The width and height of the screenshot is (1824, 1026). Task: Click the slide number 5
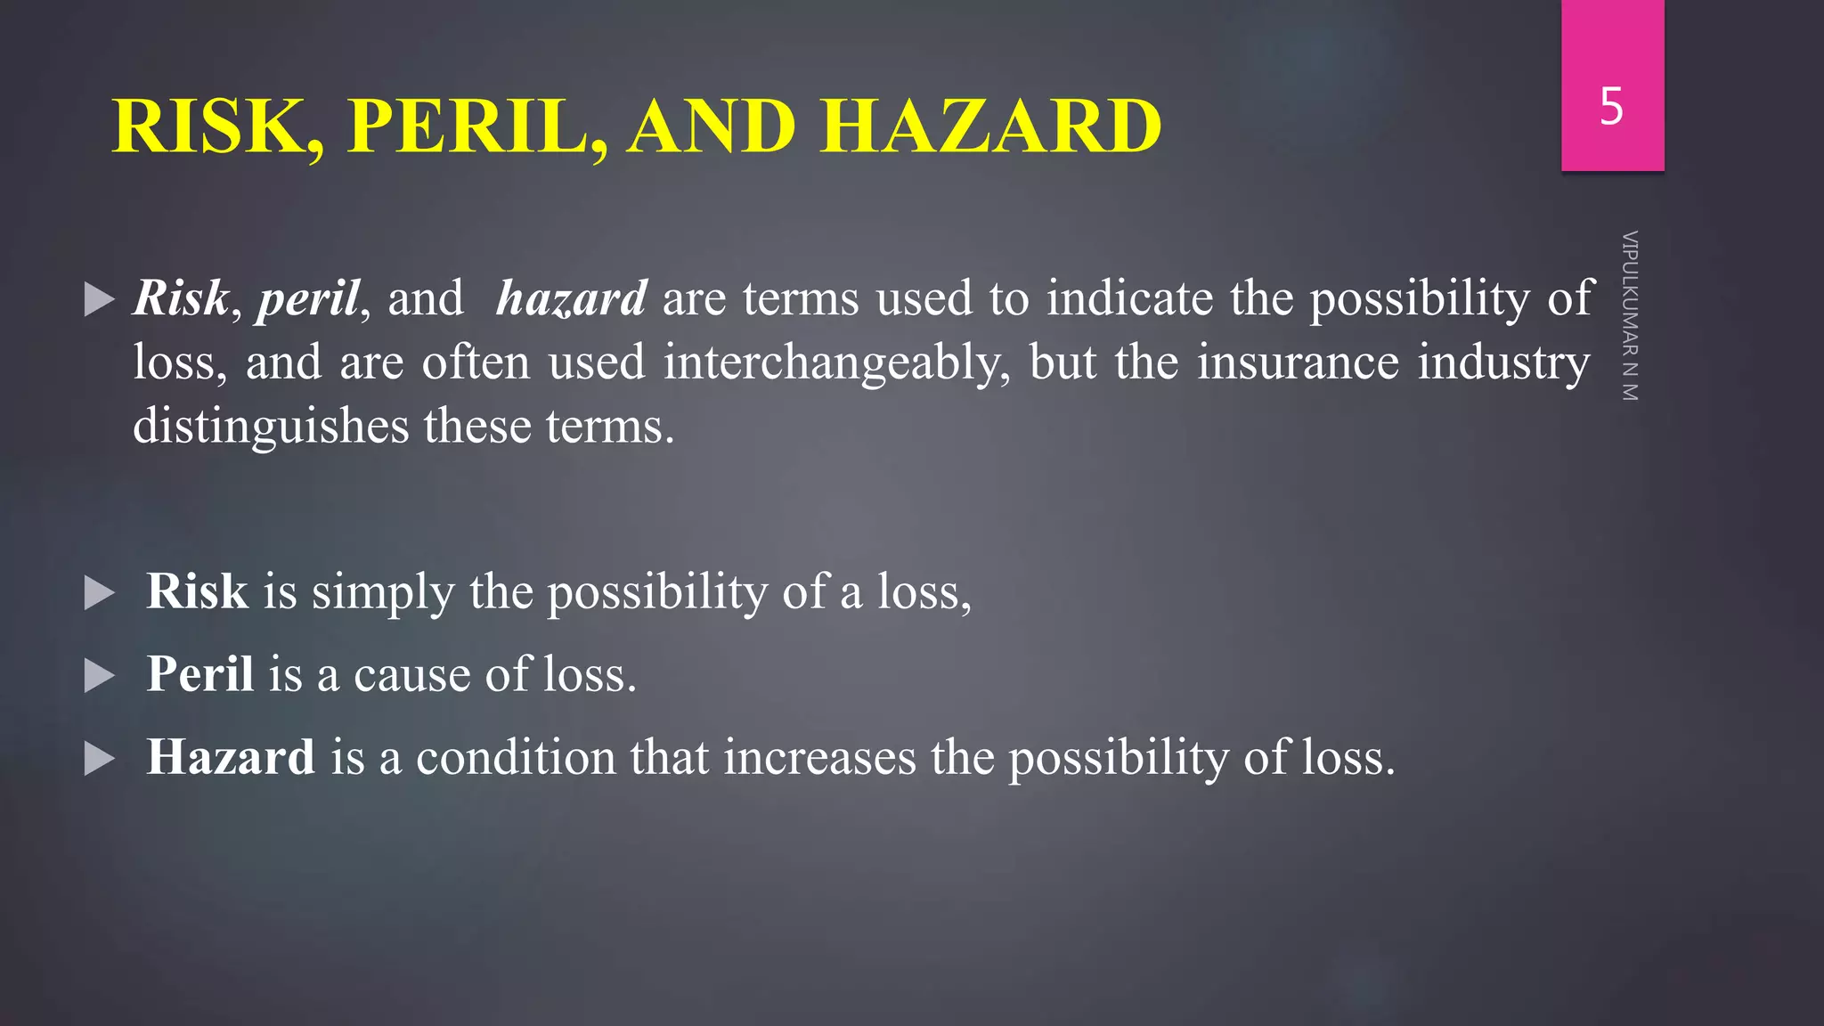pyautogui.click(x=1611, y=107)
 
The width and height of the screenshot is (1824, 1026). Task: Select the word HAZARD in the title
pyautogui.click(x=990, y=126)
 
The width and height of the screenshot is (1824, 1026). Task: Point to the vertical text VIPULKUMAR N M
pyautogui.click(x=1630, y=316)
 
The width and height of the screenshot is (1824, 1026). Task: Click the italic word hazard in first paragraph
pyautogui.click(x=571, y=298)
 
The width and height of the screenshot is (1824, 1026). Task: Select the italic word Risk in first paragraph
pyautogui.click(x=181, y=298)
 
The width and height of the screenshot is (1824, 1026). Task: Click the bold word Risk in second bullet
pyautogui.click(x=197, y=591)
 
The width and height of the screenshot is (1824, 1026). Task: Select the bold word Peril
pyautogui.click(x=200, y=674)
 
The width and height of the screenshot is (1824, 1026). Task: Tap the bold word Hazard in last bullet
pyautogui.click(x=231, y=757)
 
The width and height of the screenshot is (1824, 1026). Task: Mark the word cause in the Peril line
pyautogui.click(x=411, y=675)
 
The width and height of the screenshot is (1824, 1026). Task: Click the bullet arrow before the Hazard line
pyautogui.click(x=99, y=760)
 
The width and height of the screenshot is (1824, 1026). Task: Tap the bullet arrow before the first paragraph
pyautogui.click(x=99, y=300)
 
